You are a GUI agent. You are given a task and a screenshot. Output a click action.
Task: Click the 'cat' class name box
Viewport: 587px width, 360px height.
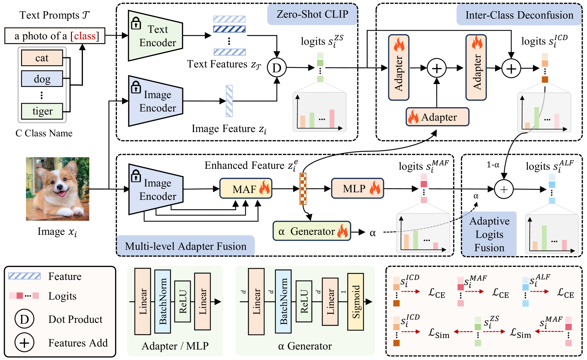tap(42, 58)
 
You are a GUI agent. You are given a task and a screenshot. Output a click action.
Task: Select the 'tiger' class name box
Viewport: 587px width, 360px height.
tap(42, 111)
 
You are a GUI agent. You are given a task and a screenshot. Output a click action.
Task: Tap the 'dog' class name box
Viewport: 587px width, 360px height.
tap(42, 79)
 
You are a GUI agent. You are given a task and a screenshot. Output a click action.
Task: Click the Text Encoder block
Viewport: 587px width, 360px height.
tap(155, 36)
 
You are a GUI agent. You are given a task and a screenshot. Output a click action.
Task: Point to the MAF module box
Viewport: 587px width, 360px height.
tap(246, 189)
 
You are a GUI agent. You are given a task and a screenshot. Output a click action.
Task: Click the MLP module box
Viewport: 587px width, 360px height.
tap(357, 188)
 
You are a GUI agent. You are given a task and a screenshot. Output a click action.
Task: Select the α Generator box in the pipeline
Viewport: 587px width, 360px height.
tap(312, 231)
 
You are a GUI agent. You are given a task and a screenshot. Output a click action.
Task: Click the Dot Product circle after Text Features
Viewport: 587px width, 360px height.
tap(277, 67)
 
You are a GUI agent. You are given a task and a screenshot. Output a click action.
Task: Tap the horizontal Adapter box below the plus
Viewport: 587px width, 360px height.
tap(437, 117)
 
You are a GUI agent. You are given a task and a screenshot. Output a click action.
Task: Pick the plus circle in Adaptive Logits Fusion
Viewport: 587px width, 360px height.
tap(504, 189)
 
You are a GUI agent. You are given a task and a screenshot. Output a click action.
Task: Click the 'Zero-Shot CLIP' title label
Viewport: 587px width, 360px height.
tap(312, 14)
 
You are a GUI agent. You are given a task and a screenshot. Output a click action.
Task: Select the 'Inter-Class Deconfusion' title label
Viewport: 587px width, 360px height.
tap(519, 15)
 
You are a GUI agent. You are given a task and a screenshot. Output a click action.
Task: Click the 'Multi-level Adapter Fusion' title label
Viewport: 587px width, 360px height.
tap(185, 246)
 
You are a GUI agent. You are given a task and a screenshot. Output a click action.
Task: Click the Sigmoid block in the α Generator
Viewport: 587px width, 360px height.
tap(356, 302)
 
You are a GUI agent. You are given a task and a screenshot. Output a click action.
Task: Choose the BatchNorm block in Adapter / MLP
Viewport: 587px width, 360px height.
tap(163, 302)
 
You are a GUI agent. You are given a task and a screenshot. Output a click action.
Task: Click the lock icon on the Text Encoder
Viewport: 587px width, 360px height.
tap(136, 23)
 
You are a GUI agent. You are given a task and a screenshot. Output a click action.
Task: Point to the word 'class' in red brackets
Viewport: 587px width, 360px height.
tap(85, 36)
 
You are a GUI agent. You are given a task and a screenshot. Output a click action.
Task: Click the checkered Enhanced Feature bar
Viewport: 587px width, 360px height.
tap(303, 189)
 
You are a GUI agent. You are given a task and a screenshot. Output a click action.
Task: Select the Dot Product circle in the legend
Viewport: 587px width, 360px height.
tap(24, 319)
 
